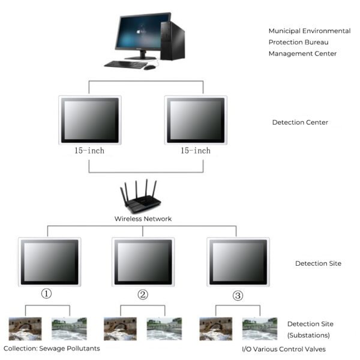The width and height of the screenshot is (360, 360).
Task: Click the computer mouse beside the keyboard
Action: click(150, 67)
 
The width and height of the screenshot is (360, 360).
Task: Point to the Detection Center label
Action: click(300, 122)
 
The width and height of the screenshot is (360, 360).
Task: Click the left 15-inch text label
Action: click(90, 151)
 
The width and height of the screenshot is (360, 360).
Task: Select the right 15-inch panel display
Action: click(196, 120)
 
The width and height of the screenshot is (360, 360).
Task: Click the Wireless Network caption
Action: click(143, 219)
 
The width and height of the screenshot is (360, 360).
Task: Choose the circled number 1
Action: click(47, 294)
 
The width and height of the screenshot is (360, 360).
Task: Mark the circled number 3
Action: click(238, 295)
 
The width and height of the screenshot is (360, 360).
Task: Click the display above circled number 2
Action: click(143, 262)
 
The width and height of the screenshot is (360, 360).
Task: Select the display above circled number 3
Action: click(238, 262)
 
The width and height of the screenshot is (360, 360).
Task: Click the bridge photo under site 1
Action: click(25, 329)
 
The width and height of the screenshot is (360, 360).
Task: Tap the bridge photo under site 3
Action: click(216, 329)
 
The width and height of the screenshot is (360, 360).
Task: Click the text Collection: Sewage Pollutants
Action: click(52, 349)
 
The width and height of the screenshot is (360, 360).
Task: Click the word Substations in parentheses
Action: click(308, 335)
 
